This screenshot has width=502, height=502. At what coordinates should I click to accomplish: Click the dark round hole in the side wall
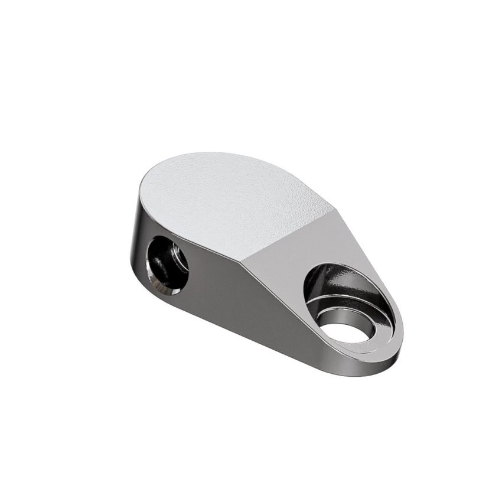[x=168, y=263]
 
